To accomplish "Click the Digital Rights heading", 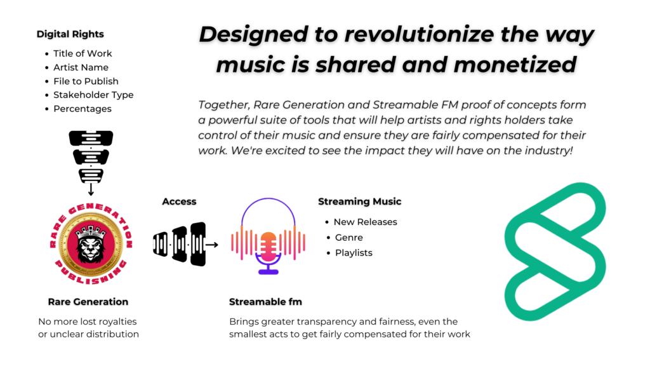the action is [70, 34].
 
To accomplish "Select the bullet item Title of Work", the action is [83, 53].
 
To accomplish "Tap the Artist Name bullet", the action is [81, 67].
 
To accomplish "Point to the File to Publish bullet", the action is [86, 81].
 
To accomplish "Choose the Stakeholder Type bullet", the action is [93, 95].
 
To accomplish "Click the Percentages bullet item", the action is [83, 109].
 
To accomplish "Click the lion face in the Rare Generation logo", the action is [91, 244].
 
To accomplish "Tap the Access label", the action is [179, 201].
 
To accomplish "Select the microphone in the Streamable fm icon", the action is [269, 253].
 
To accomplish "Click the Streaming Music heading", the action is [360, 201].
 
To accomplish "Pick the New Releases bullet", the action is [365, 222].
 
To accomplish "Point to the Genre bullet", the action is [348, 238].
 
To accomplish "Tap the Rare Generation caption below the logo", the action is [88, 302].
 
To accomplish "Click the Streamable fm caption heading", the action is [265, 302].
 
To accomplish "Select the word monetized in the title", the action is [515, 65].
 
